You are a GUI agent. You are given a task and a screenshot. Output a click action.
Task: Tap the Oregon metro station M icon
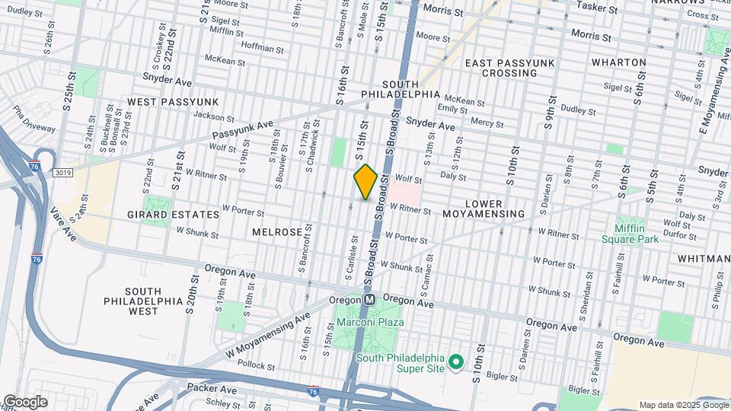pos(369,300)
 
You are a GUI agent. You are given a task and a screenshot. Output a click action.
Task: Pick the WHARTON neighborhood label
pos(620,62)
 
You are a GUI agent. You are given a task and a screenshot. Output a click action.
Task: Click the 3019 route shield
pos(63,173)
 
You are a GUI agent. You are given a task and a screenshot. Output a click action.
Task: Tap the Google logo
pos(25,402)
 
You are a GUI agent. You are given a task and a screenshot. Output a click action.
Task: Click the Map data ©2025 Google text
pos(682,405)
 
